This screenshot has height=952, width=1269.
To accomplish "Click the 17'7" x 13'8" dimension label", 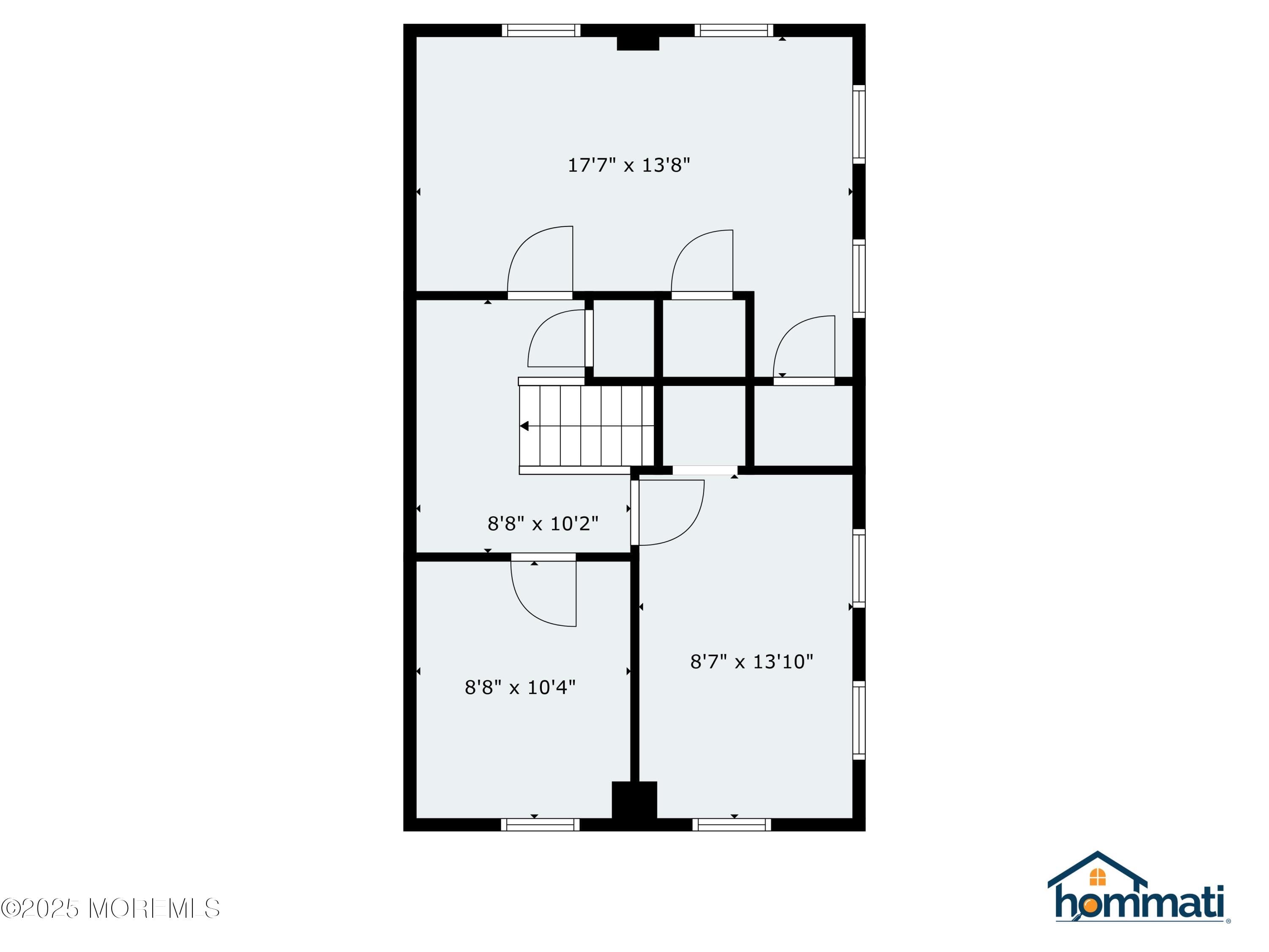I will pos(628,165).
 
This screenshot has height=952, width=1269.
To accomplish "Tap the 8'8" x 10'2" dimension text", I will pos(543,523).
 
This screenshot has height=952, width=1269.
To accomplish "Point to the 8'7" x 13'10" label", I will pos(752,662).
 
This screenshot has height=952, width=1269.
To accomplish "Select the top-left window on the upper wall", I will pos(541,30).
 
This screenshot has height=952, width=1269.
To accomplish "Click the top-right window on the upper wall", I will pos(734,30).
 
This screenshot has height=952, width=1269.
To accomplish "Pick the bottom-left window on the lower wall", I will pos(540,825).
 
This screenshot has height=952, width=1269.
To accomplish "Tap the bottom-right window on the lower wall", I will pos(731,825).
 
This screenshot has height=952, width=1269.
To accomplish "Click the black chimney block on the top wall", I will pos(637,43).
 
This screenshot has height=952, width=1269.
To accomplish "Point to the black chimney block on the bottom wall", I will pos(634,800).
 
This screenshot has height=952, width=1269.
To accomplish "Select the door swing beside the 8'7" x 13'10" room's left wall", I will pos(668,512).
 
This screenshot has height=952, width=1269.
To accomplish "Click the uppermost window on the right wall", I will pos(859,124).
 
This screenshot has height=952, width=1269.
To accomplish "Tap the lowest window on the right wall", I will pos(859,720).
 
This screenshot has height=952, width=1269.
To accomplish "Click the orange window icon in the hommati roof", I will pos(1097,877).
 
